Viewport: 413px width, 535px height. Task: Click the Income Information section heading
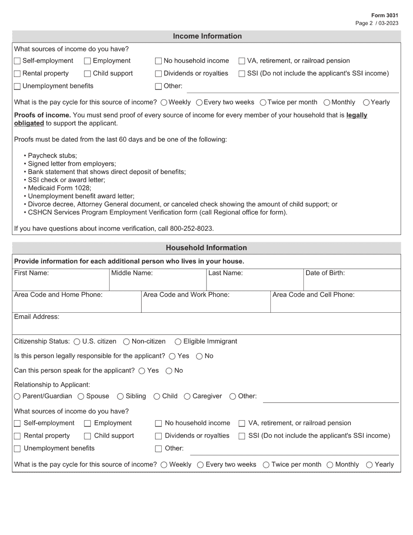tap(207, 36)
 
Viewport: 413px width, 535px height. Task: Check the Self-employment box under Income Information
tap(17, 61)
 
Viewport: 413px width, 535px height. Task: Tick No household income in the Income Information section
tap(159, 61)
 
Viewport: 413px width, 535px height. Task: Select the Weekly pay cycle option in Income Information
tap(163, 103)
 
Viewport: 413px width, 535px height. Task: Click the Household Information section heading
tap(206, 248)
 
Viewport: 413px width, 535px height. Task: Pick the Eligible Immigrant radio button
tap(178, 342)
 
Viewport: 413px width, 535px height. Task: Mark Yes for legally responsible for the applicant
tap(172, 356)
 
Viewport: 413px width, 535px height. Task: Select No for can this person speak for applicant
tap(169, 371)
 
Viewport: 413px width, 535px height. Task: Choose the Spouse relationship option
tap(81, 396)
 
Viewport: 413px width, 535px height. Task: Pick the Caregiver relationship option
tap(187, 396)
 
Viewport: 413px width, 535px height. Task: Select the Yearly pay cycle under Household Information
tap(369, 465)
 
